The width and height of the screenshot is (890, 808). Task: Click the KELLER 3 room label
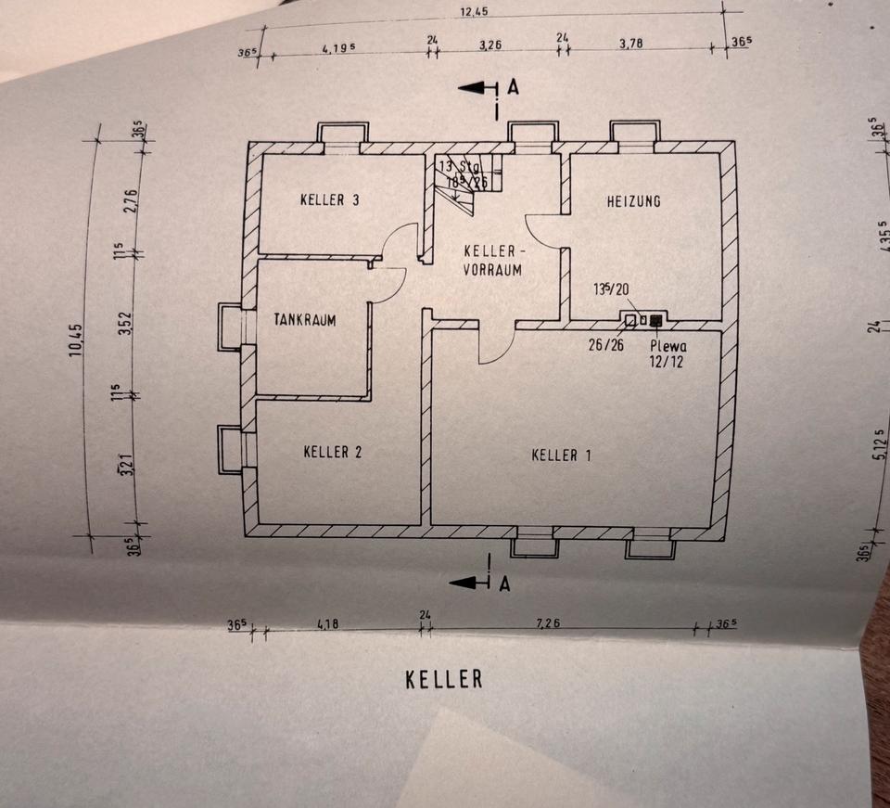(329, 199)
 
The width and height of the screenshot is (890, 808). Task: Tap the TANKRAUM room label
(304, 319)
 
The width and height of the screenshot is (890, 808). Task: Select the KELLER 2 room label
(332, 452)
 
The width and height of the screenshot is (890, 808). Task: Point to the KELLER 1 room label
(561, 455)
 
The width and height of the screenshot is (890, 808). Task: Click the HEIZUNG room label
(633, 200)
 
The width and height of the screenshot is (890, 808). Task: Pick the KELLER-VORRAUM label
(493, 261)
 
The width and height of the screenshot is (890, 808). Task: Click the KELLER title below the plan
(444, 678)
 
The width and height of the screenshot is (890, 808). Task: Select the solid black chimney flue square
(656, 321)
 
